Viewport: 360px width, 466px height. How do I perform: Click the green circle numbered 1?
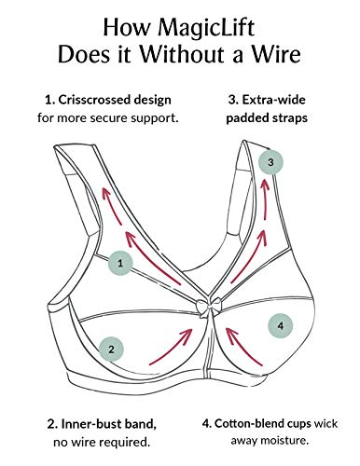coord(120,263)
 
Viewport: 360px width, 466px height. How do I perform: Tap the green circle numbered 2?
coord(111,349)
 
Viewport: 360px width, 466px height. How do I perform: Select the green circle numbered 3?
coord(270,162)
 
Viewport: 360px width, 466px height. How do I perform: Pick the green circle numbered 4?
coord(281,326)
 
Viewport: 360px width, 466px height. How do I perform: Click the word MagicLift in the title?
coord(206,28)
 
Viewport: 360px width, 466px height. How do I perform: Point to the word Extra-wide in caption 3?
coord(273,100)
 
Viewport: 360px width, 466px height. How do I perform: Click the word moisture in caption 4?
coord(284,440)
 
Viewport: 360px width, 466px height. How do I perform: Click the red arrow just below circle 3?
coord(265,199)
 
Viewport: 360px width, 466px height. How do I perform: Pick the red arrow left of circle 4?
coord(243,346)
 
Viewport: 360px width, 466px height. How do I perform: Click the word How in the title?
coord(126,28)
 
